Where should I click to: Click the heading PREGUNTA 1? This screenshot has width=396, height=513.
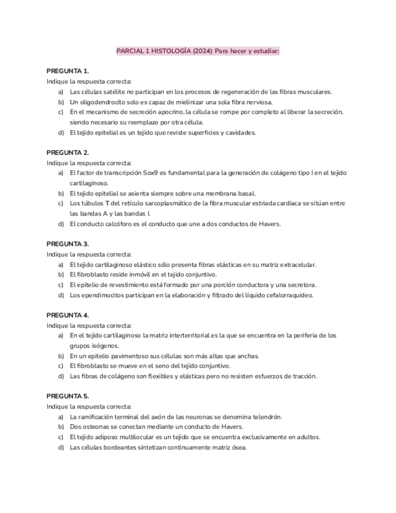pyautogui.click(x=68, y=71)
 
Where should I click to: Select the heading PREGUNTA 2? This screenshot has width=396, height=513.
pyautogui.click(x=68, y=152)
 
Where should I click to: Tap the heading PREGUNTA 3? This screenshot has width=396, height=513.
pyautogui.click(x=68, y=244)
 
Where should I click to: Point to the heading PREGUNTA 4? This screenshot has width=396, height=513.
pyautogui.click(x=68, y=315)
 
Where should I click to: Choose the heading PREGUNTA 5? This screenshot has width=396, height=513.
pyautogui.click(x=68, y=396)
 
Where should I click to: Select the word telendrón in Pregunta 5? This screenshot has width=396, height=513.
pyautogui.click(x=267, y=417)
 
